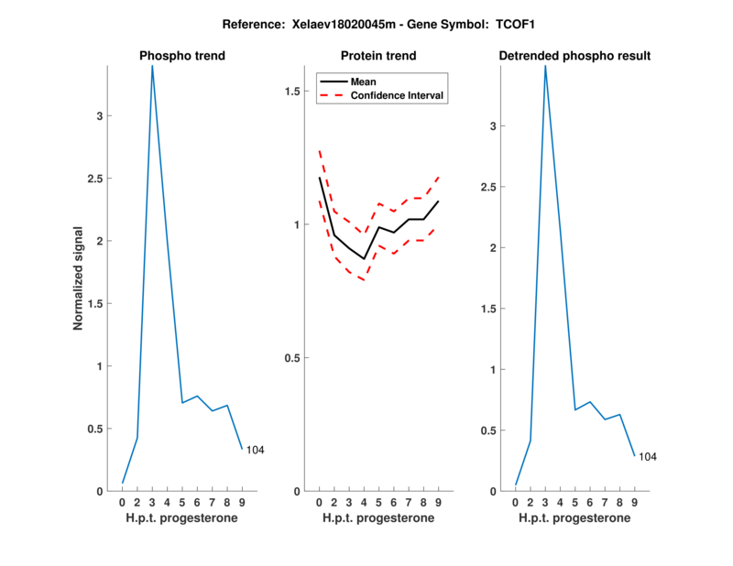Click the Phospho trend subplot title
click(x=182, y=56)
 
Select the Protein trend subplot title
click(x=378, y=56)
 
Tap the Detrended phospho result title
click(x=574, y=56)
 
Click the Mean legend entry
click(x=363, y=82)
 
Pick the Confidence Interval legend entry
click(x=398, y=95)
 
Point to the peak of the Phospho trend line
click(x=152, y=66)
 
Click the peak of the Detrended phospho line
click(x=545, y=66)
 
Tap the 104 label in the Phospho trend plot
click(x=255, y=450)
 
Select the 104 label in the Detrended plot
click(x=648, y=456)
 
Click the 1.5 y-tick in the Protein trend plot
click(x=294, y=92)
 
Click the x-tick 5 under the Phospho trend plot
click(x=182, y=503)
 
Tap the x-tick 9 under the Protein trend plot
click(x=438, y=503)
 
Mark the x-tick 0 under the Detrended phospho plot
click(x=516, y=503)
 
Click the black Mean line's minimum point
click(x=364, y=259)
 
